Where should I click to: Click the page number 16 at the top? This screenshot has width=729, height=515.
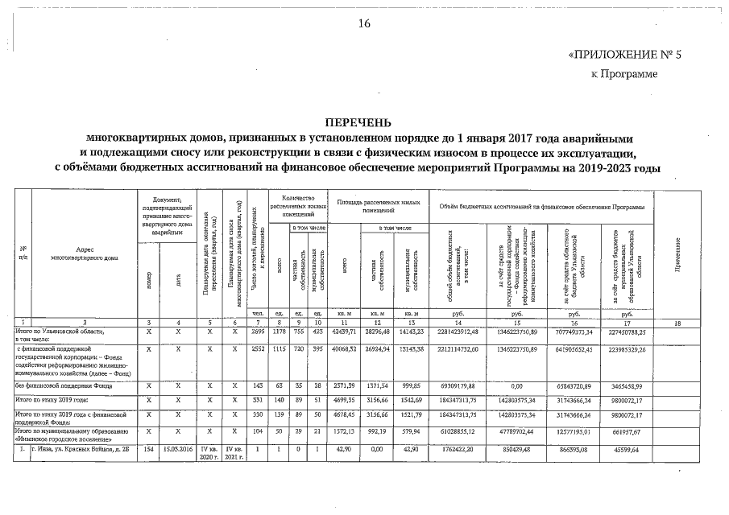point(364,23)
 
